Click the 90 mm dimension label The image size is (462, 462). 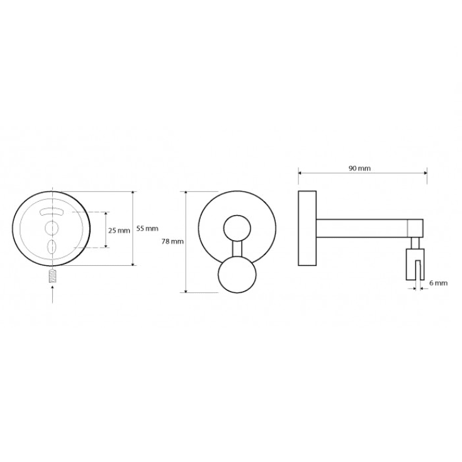point(359,168)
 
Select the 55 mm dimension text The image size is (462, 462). point(147,228)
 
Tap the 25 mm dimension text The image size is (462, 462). point(119,231)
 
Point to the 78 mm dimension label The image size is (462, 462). point(172,241)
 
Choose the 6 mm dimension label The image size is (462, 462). point(438,283)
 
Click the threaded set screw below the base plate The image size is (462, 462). point(52,276)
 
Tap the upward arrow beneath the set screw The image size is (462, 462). point(52,293)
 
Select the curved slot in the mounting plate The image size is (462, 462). point(52,212)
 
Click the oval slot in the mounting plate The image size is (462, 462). point(52,246)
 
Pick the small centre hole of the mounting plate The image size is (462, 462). point(52,228)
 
